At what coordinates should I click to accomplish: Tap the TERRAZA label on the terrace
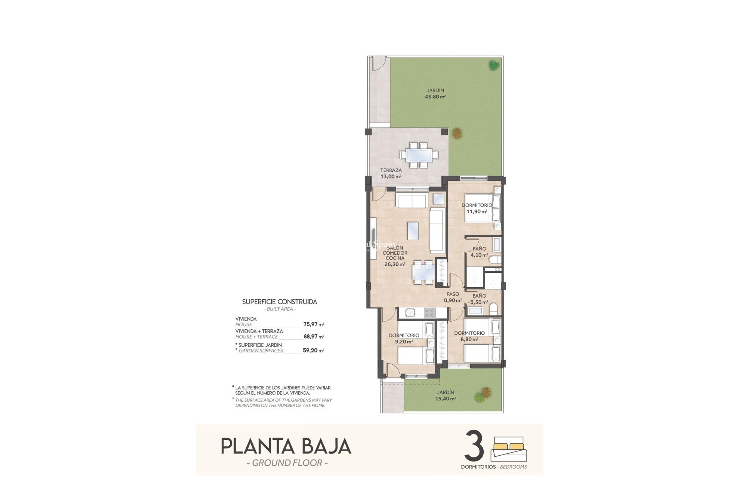click(x=391, y=170)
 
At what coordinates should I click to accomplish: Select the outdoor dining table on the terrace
click(x=419, y=155)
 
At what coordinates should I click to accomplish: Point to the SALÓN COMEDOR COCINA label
click(x=395, y=253)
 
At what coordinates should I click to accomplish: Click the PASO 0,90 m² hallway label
click(x=453, y=297)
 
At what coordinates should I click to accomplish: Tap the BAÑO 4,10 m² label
click(x=480, y=252)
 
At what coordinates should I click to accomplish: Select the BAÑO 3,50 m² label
click(x=480, y=299)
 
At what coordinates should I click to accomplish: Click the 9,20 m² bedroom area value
click(x=404, y=342)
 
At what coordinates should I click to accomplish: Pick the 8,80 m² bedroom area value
click(x=469, y=340)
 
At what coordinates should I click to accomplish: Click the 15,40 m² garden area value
click(x=446, y=399)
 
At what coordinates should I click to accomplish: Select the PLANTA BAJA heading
click(x=286, y=446)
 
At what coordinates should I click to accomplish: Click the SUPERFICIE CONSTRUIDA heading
click(x=279, y=302)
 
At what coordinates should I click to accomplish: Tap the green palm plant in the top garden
click(x=493, y=65)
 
